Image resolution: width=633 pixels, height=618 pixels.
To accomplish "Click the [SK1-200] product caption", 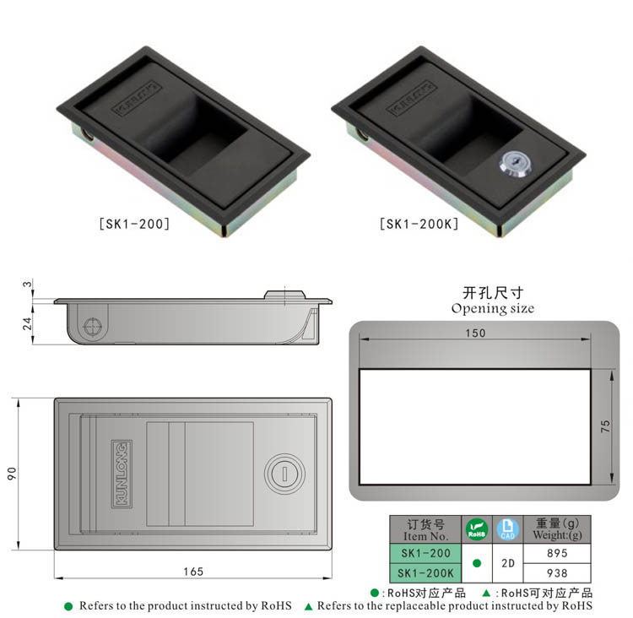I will (135, 225).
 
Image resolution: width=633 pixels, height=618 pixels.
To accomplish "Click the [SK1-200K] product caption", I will (419, 225).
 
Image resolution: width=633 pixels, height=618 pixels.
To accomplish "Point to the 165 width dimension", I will (193, 572).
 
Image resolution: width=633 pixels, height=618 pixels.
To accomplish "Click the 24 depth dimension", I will (27, 323).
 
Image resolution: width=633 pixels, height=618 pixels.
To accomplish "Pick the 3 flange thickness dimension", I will (27, 285).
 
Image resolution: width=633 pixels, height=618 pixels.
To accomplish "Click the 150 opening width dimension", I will (475, 333).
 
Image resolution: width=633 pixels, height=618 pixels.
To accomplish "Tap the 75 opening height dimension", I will (604, 427).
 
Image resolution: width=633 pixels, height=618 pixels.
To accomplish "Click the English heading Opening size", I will (492, 308).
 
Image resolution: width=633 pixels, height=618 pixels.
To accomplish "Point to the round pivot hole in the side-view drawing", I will (93, 324).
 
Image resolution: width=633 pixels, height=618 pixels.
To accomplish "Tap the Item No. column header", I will (425, 529).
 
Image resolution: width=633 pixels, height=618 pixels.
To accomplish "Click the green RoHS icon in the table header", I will (477, 529).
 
